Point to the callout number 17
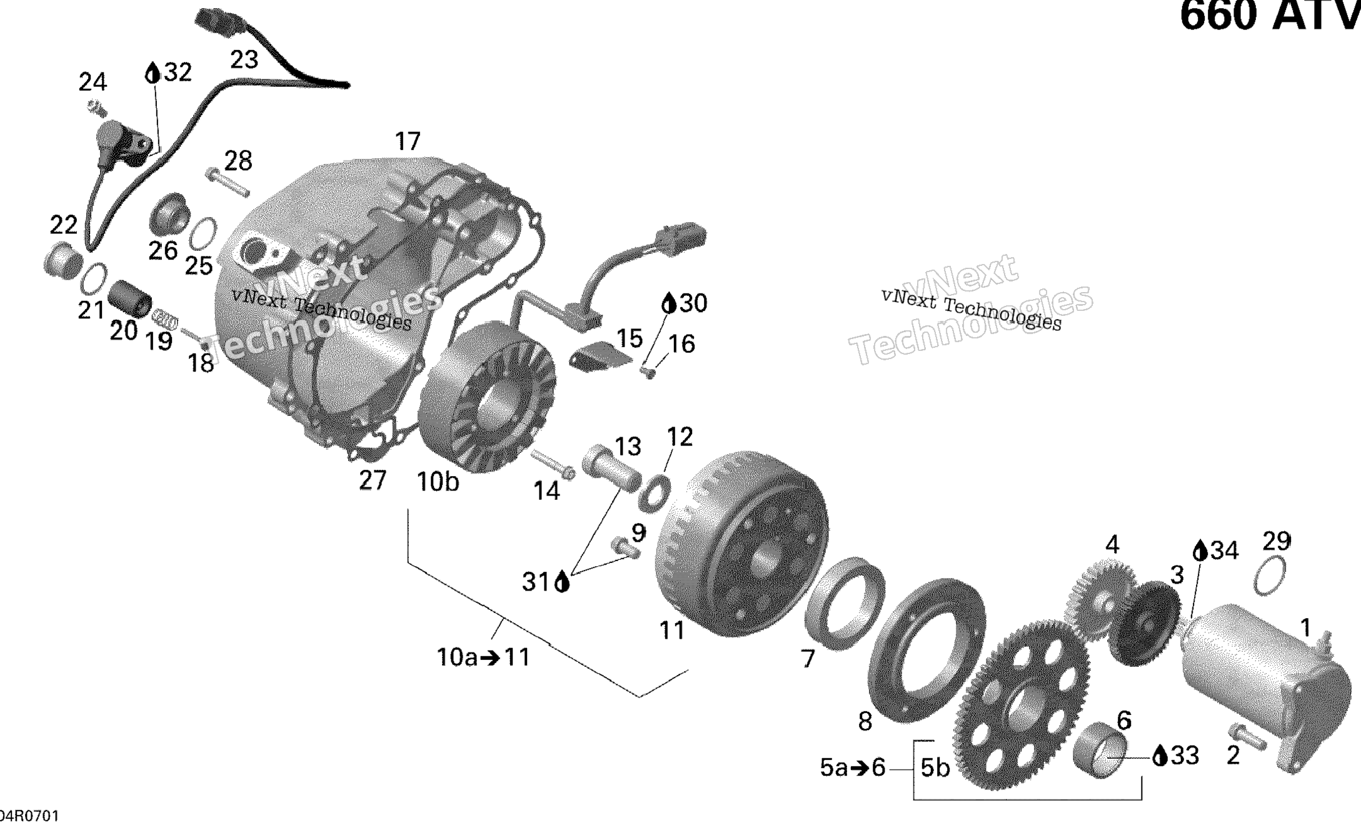point(408,142)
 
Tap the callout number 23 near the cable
point(244,60)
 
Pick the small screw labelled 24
point(96,108)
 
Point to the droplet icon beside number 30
point(669,304)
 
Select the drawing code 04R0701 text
point(29,815)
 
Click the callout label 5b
point(935,768)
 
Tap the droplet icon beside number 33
point(1160,756)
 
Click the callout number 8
point(865,722)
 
